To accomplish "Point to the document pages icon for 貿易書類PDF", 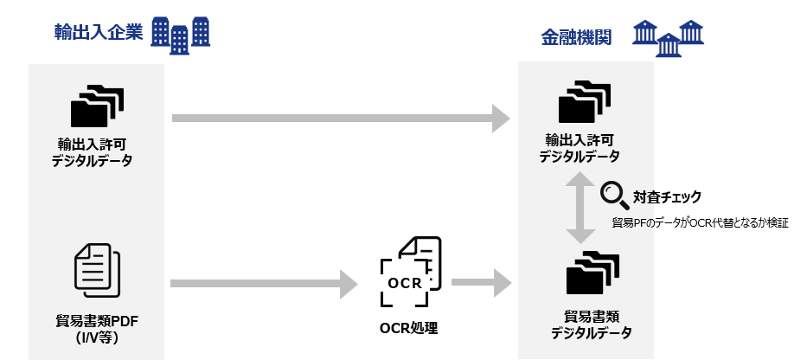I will (x=97, y=267).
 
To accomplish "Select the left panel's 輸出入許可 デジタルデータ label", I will (x=97, y=152).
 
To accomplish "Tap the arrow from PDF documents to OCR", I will (x=264, y=283).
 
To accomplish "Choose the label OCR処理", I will (x=409, y=328).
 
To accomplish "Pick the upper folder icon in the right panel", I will (x=585, y=102).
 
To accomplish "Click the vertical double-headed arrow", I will (x=579, y=208).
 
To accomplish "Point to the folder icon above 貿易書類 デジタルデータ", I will (x=592, y=273).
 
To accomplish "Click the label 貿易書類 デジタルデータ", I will (x=592, y=325).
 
